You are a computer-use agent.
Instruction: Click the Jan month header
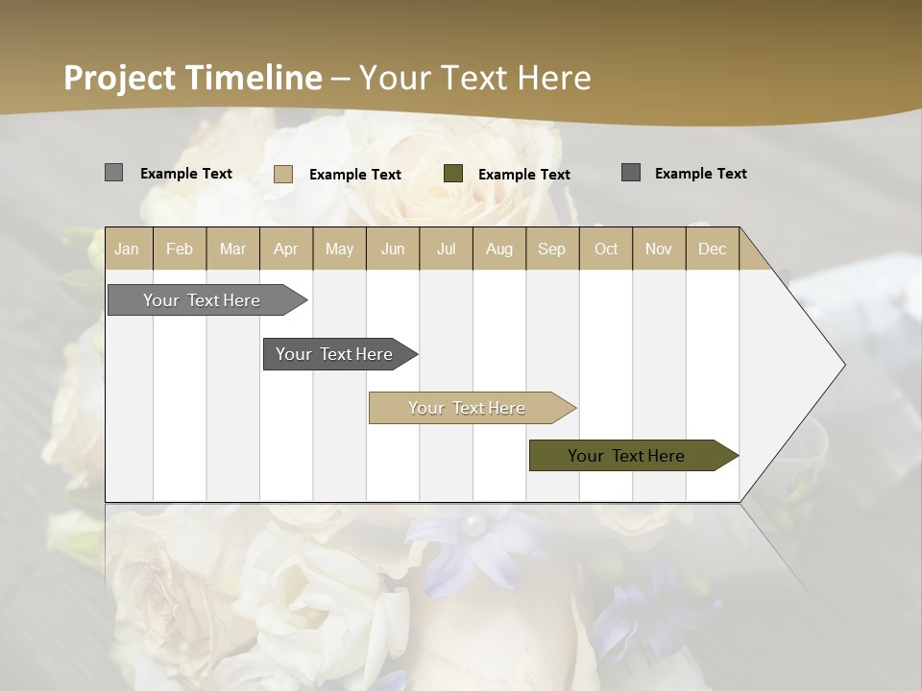[127, 250]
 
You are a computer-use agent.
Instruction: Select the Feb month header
[180, 250]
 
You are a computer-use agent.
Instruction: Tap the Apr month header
[285, 250]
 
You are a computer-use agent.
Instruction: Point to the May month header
[339, 250]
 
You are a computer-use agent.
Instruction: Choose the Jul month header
[446, 250]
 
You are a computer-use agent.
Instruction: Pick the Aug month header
[498, 250]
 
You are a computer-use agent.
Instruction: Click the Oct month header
[606, 250]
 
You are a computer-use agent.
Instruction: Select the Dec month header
[712, 250]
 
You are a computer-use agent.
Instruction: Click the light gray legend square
[113, 173]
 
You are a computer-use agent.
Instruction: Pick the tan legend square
[283, 174]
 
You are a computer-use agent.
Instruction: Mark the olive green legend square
[453, 174]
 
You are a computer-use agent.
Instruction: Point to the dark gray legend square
[631, 173]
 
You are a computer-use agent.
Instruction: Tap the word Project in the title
[121, 78]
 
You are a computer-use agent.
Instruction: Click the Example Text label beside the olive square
[523, 175]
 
